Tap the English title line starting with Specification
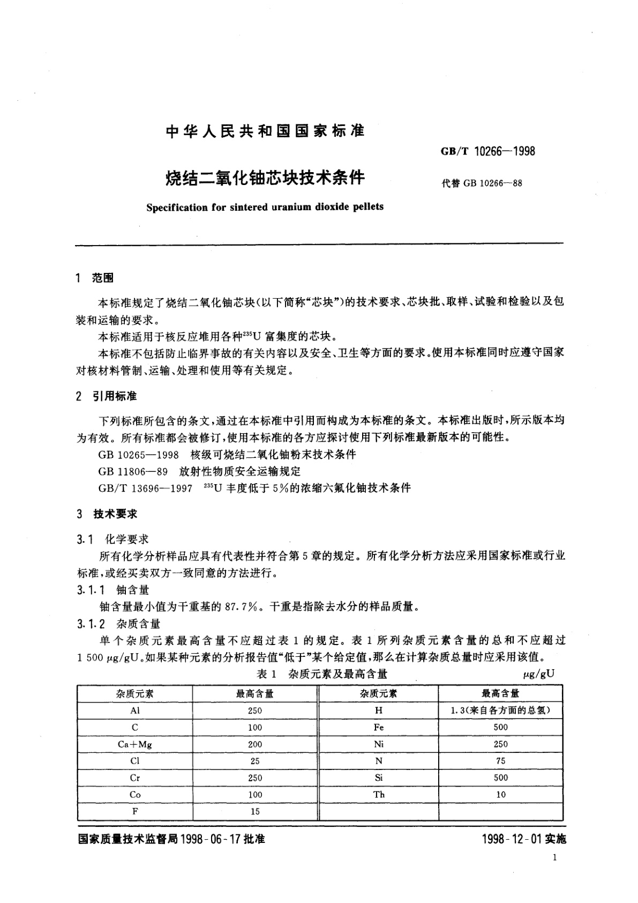(x=265, y=206)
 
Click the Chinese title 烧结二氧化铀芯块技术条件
(x=265, y=177)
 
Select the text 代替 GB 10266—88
(x=482, y=183)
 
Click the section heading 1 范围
(x=95, y=278)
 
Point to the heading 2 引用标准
(x=107, y=396)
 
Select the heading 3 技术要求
(x=107, y=514)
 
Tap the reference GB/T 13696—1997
(x=145, y=488)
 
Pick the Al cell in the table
(x=134, y=710)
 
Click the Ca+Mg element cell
(x=134, y=744)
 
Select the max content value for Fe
(x=500, y=727)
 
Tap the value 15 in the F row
(x=255, y=811)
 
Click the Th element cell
(x=379, y=795)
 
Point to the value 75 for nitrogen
(x=500, y=761)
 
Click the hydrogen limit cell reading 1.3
(x=500, y=710)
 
